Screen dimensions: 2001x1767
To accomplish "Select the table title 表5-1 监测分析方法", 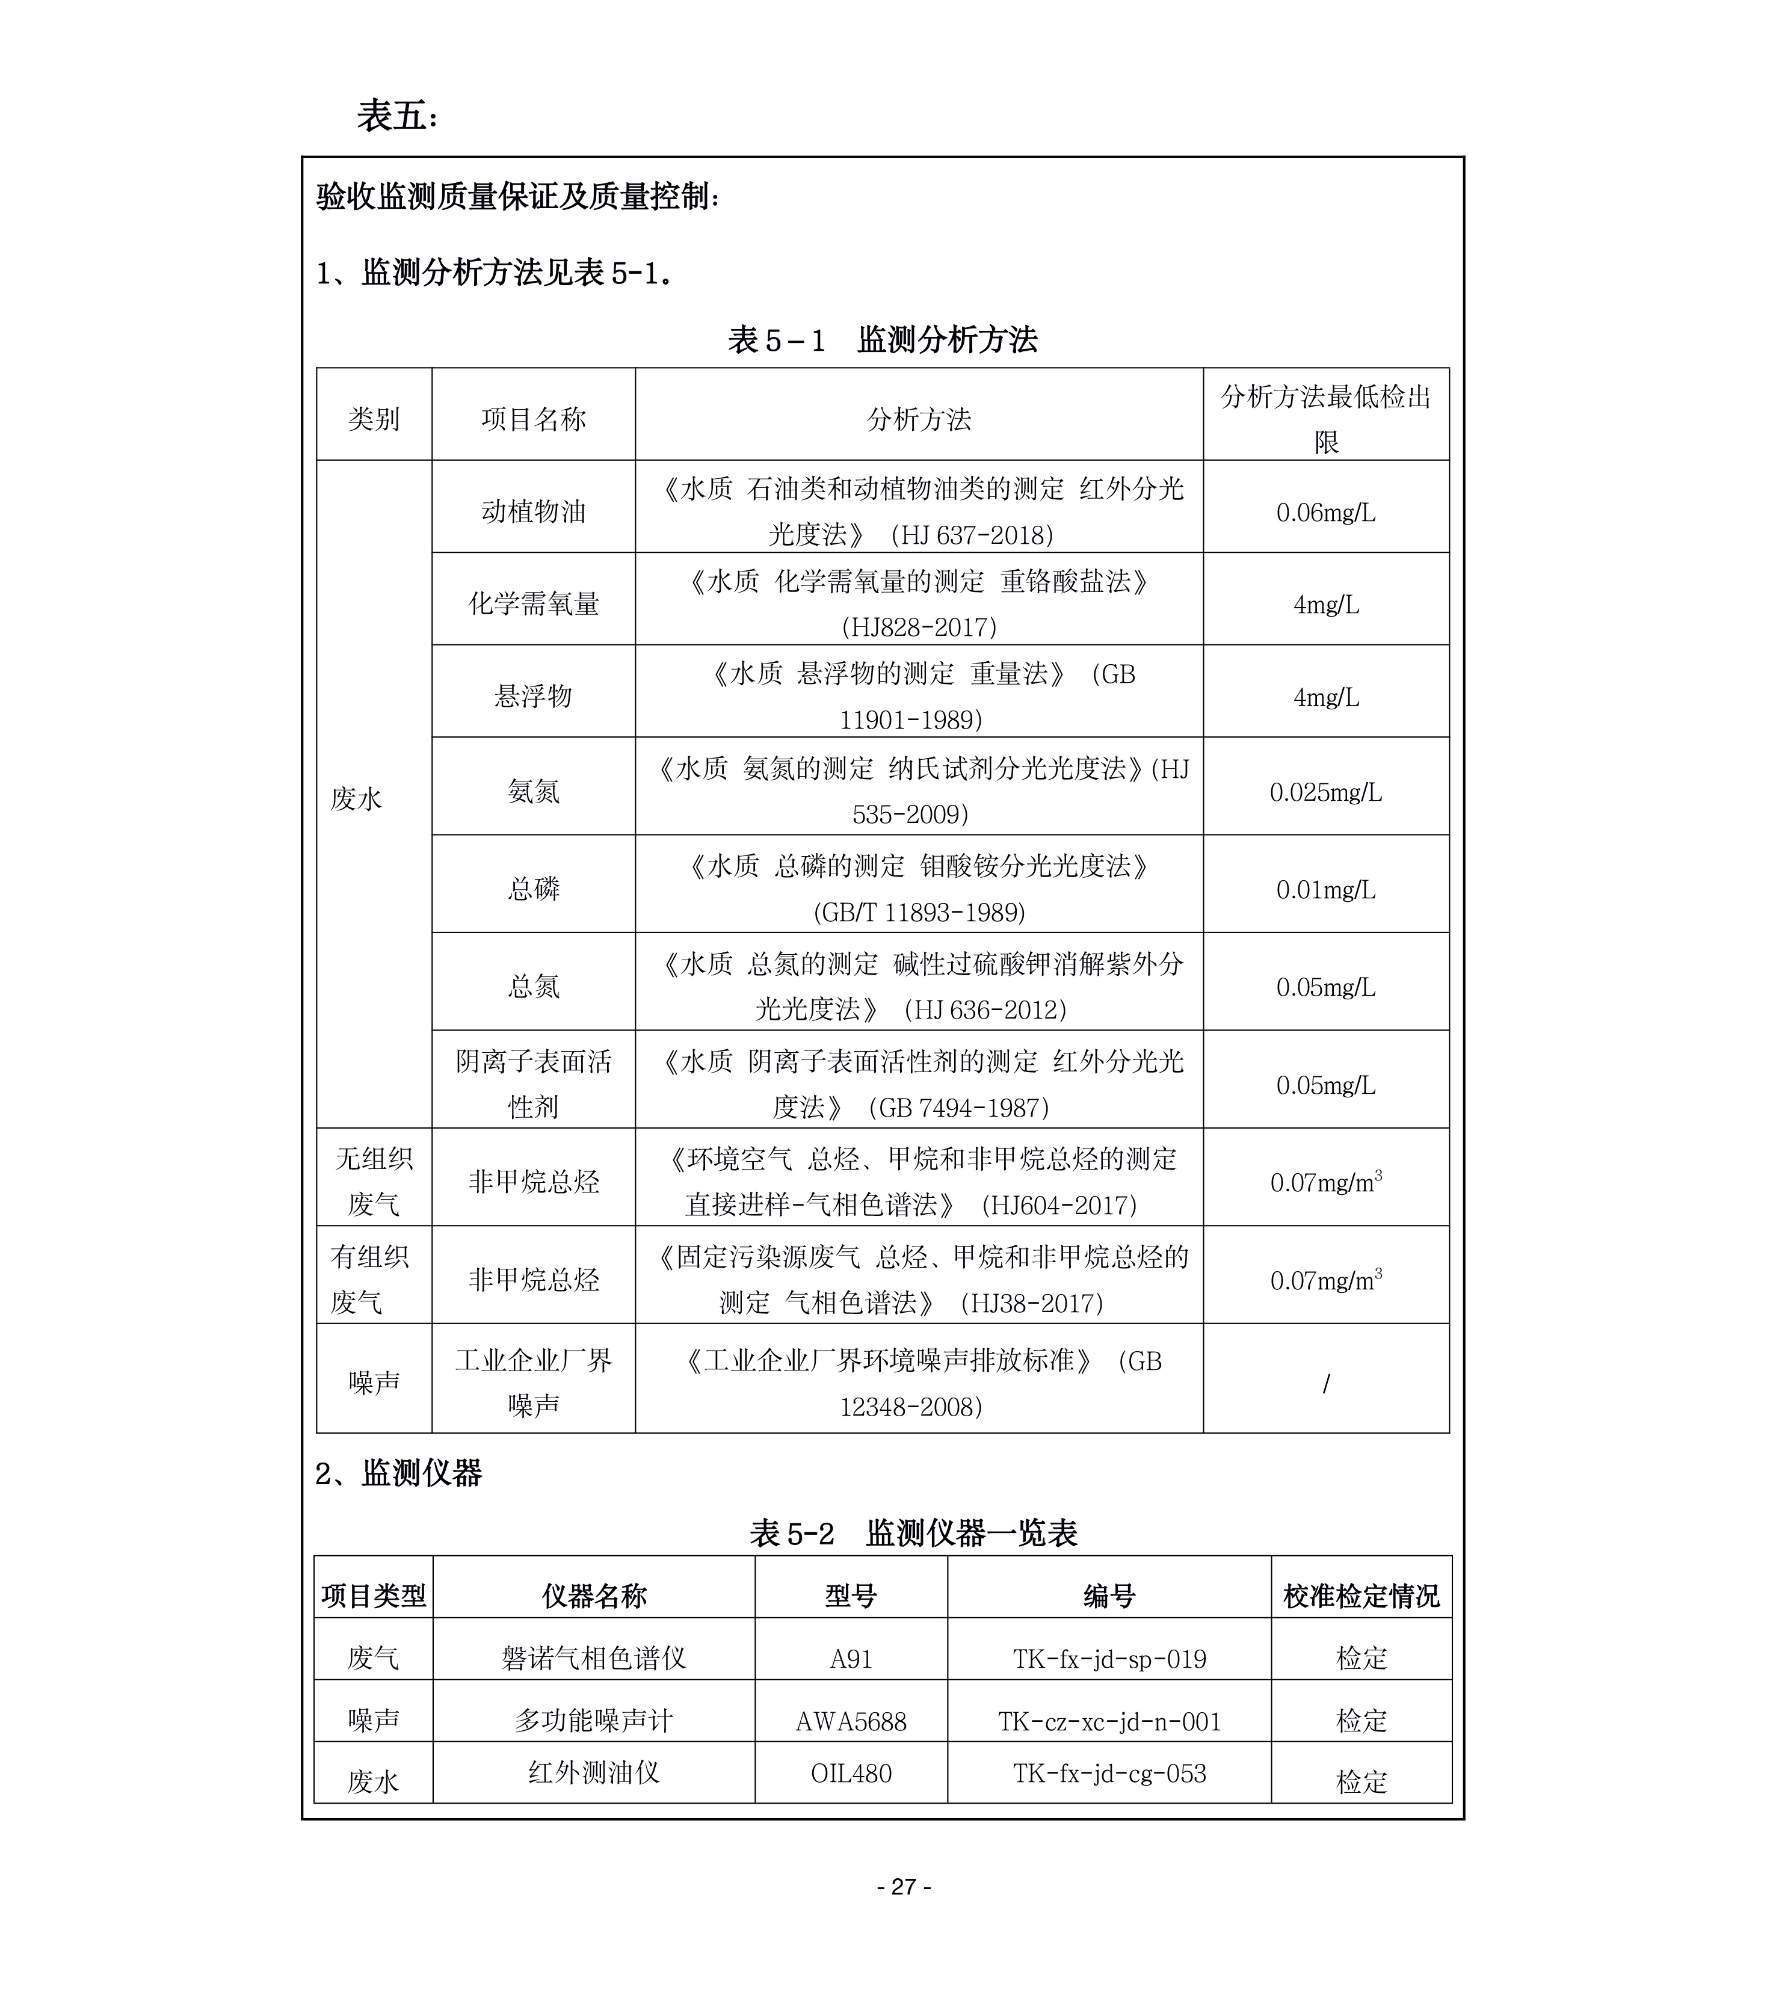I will coord(882,340).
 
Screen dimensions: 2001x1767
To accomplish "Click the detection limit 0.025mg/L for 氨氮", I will coord(1325,792).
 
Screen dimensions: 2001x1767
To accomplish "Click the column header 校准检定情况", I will coord(1361,1597).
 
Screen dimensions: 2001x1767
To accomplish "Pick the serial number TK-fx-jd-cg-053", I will coord(1109,1773).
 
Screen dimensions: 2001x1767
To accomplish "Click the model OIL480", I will coord(851,1773).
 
